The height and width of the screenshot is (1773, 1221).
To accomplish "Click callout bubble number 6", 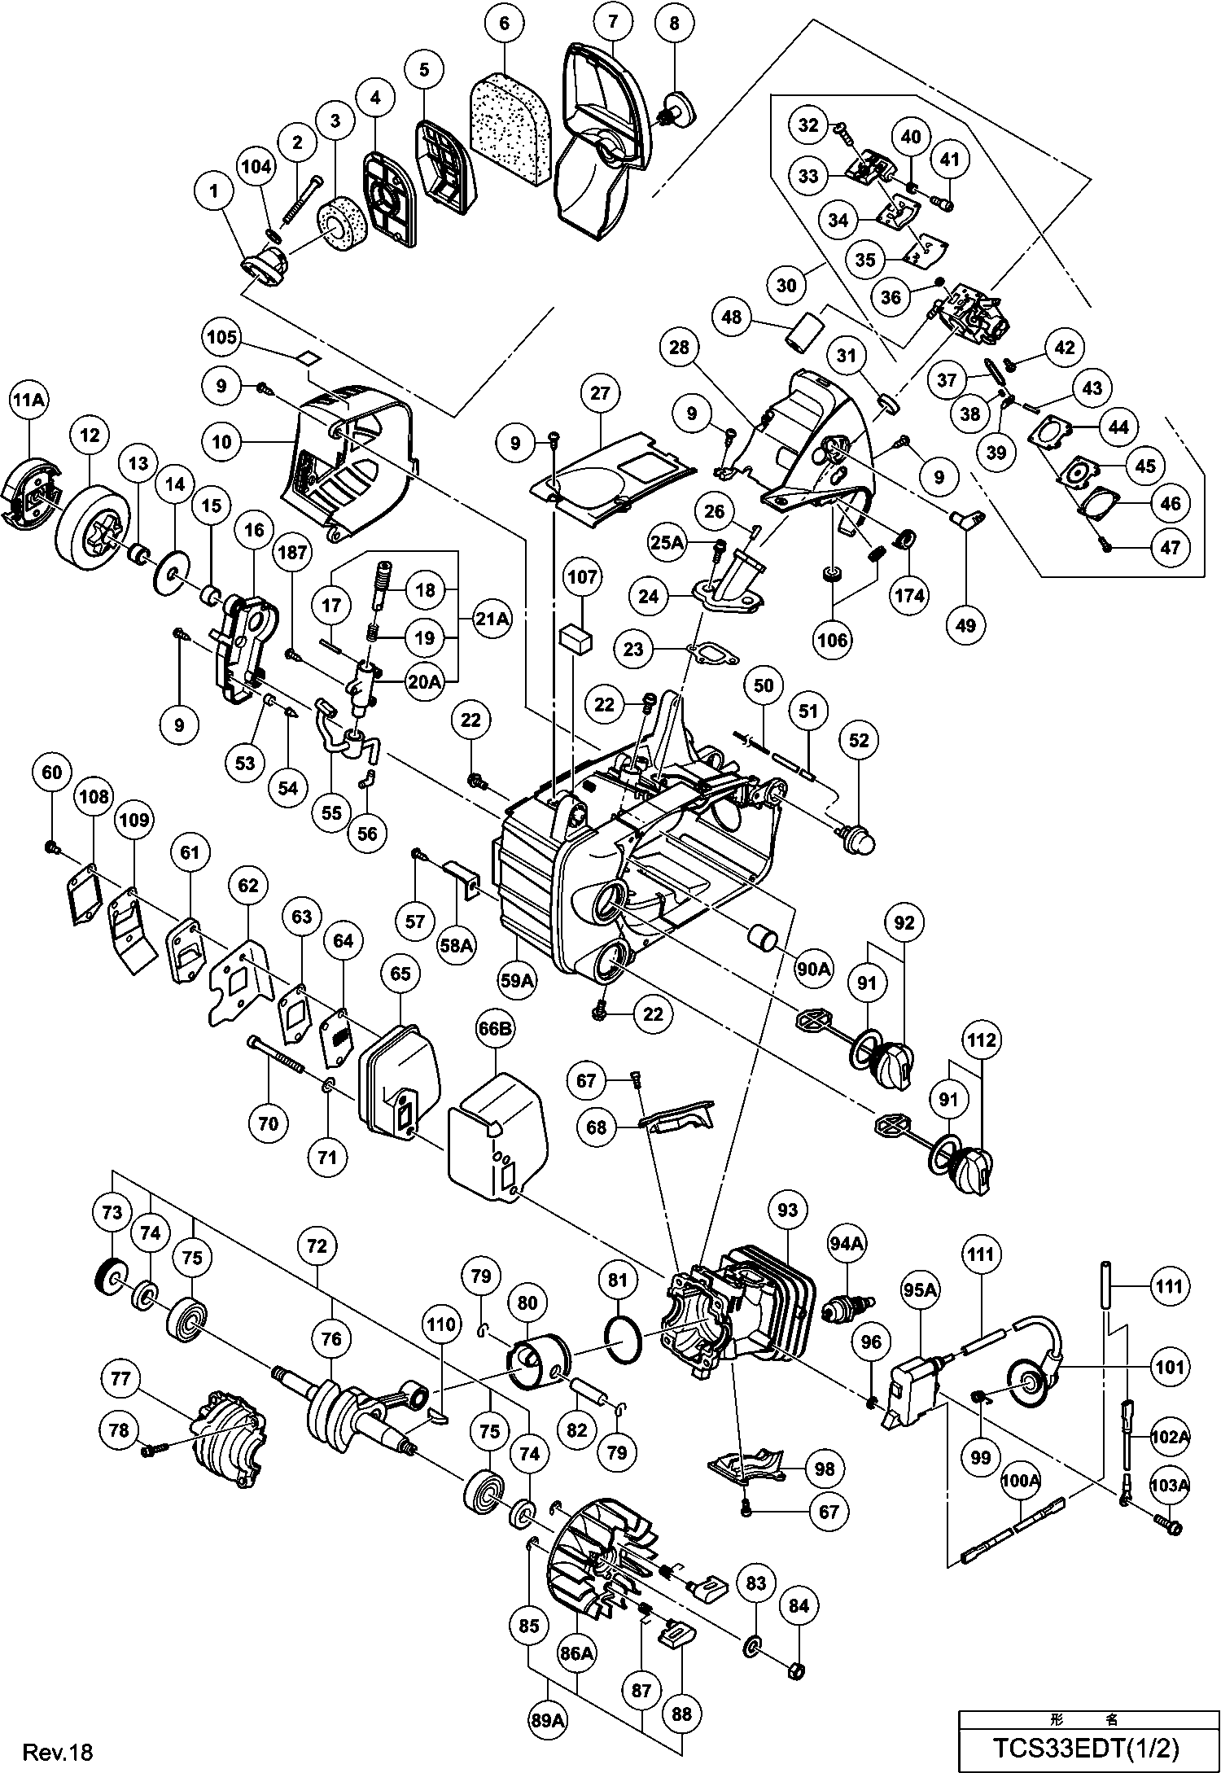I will pyautogui.click(x=504, y=24).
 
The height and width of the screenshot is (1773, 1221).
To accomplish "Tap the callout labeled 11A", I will pyautogui.click(x=29, y=401).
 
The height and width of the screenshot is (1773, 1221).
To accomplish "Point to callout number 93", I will pyautogui.click(x=787, y=1210).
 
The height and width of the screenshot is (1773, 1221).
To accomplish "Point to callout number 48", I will pyautogui.click(x=732, y=316).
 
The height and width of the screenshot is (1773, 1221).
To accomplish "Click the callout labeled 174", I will pyautogui.click(x=909, y=595).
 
